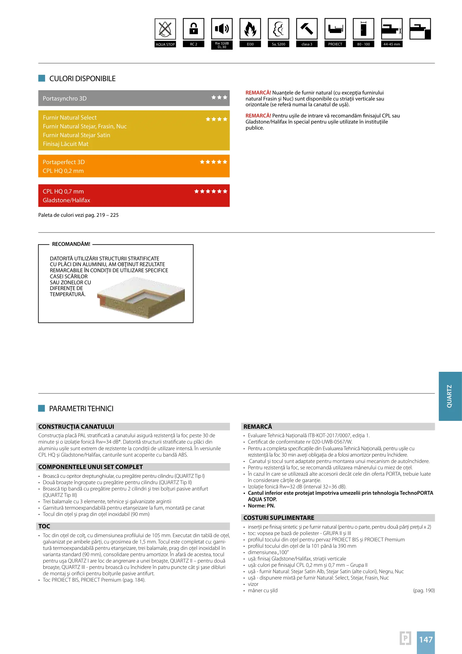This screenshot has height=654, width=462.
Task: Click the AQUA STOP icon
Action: point(165,29)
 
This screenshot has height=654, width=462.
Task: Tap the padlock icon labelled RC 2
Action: point(193,29)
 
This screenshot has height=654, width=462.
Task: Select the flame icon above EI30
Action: point(250,29)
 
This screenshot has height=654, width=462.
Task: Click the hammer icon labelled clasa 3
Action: point(307,29)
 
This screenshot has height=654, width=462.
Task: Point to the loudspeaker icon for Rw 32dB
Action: point(222,29)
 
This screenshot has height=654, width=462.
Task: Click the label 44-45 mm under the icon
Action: point(392,44)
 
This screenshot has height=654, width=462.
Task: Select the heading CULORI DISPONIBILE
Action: point(82,79)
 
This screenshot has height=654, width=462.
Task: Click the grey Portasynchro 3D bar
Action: point(134,98)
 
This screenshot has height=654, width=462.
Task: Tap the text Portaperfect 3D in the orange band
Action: point(64,162)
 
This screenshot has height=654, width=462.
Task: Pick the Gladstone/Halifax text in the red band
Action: point(66,200)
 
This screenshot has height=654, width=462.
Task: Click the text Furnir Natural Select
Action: point(70,118)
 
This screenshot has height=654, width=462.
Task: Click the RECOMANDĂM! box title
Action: point(71,244)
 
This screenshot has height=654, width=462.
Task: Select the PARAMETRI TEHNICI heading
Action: point(81,409)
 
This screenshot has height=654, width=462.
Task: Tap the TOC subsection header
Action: point(44,526)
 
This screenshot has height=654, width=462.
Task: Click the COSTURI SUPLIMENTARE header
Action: point(279,518)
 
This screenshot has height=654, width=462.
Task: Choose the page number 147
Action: point(426,639)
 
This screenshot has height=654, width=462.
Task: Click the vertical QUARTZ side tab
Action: point(450,396)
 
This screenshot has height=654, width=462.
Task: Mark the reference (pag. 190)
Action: point(424,590)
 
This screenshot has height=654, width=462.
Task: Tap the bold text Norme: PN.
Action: point(261,506)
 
